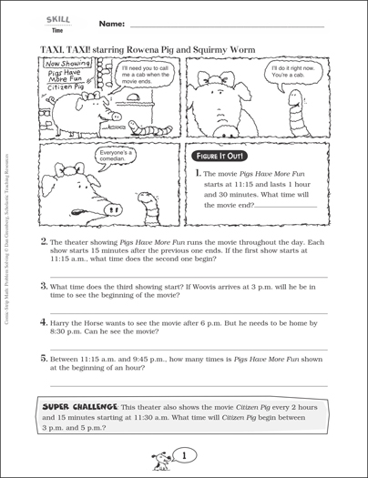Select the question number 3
tap(46, 285)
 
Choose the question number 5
tap(46, 358)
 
